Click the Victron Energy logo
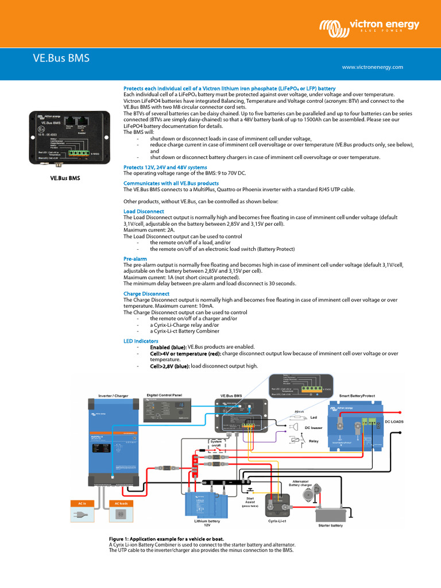point(370,26)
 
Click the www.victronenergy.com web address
point(373,67)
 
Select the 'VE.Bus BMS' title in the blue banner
point(60,58)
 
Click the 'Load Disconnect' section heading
point(144,211)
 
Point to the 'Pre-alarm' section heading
point(136,259)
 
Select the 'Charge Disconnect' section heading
point(146,293)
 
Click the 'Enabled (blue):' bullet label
point(168,347)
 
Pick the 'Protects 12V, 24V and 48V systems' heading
point(165,167)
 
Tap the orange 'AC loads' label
point(121,504)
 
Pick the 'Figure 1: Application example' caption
point(166,539)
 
